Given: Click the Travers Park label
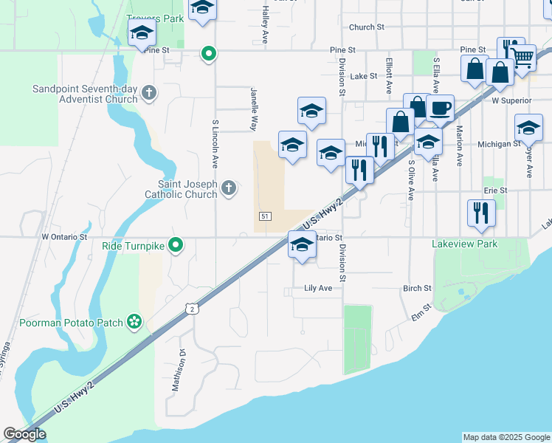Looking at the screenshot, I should click(154, 18).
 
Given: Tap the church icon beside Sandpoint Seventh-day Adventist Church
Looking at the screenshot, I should click(149, 92).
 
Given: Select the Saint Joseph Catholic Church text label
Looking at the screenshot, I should click(187, 189).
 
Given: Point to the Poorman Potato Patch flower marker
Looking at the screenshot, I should click(134, 320).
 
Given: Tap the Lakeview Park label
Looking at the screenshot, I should click(465, 244).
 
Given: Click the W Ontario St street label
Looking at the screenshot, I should click(64, 238).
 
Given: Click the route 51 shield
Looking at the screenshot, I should click(265, 216).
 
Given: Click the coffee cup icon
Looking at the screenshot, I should click(441, 108).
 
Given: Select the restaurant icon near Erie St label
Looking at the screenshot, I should click(481, 213).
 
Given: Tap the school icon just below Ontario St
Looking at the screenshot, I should click(302, 246).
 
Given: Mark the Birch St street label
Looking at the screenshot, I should click(417, 288).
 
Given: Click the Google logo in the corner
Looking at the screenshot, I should click(24, 434).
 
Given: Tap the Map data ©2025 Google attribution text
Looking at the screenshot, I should click(506, 437).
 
